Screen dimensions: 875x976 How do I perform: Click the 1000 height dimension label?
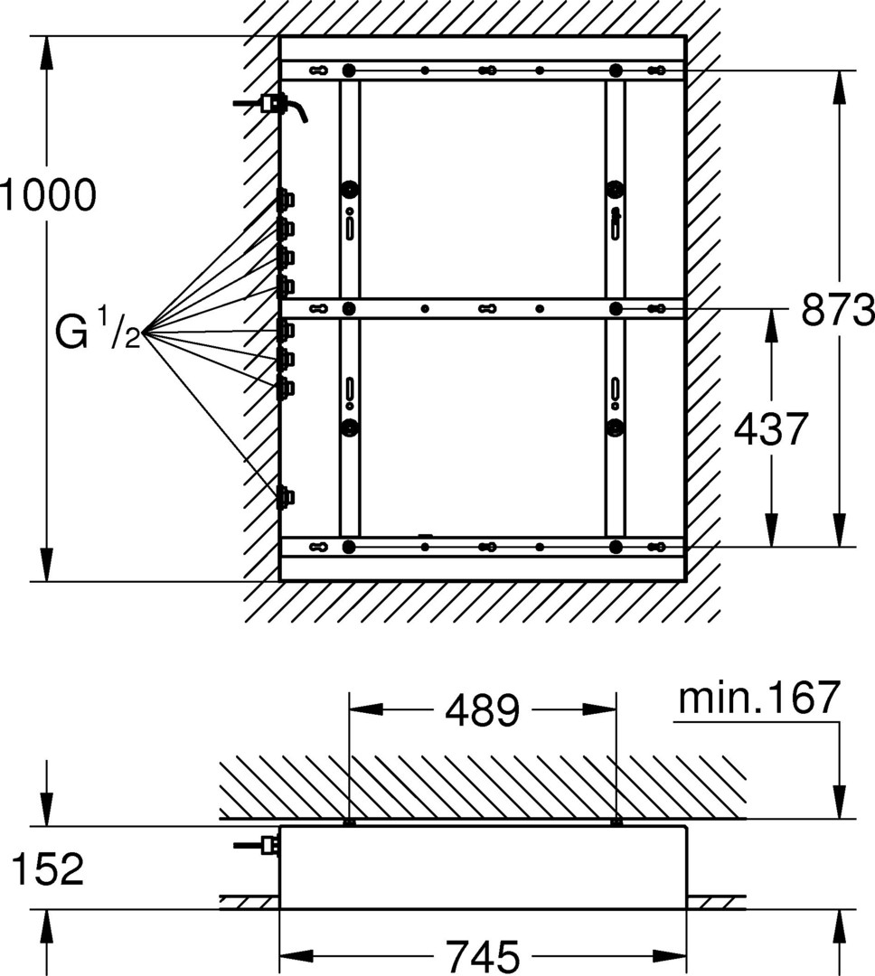pyautogui.click(x=48, y=195)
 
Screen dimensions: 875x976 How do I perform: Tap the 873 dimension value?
pyautogui.click(x=838, y=309)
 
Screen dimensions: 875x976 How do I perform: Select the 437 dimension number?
pyautogui.click(x=770, y=429)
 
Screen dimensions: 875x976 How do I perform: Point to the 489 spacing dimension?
pyautogui.click(x=482, y=710)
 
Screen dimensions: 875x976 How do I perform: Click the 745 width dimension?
pyautogui.click(x=483, y=955)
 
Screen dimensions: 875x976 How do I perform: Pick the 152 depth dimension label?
pyautogui.click(x=47, y=869)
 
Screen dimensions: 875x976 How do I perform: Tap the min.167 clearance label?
pyautogui.click(x=759, y=698)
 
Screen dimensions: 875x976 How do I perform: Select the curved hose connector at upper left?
pyautogui.click(x=271, y=106)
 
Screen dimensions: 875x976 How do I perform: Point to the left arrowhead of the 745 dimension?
pyautogui.click(x=296, y=955)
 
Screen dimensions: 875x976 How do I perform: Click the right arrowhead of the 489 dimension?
pyautogui.click(x=599, y=709)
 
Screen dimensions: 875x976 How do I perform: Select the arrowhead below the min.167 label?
pyautogui.click(x=840, y=802)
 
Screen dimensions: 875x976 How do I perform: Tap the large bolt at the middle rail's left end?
pyautogui.click(x=349, y=308)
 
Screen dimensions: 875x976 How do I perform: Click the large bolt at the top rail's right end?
pyautogui.click(x=616, y=70)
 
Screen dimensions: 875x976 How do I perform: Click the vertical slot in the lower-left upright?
pyautogui.click(x=351, y=388)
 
